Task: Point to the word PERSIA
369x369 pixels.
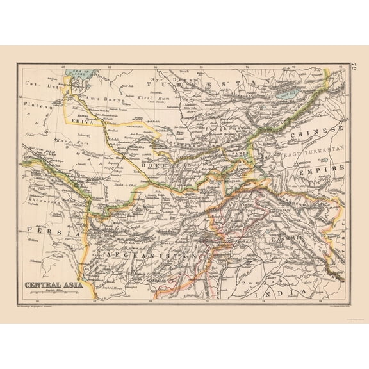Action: coord(47,230)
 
